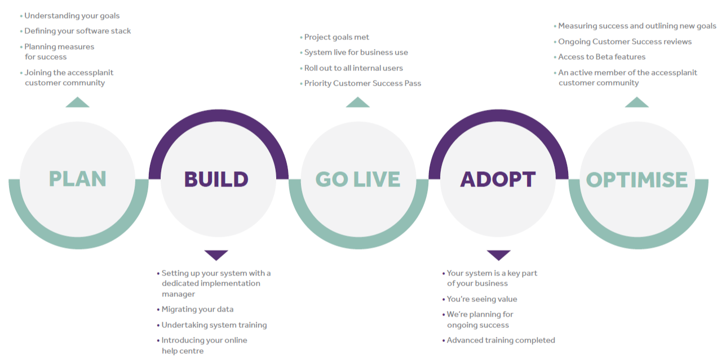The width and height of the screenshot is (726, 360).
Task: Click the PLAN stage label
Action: pyautogui.click(x=77, y=179)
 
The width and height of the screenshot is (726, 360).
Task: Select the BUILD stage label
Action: pyautogui.click(x=216, y=179)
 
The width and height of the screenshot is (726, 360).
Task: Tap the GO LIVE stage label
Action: pyautogui.click(x=358, y=179)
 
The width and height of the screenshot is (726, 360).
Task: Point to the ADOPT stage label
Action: pyautogui.click(x=498, y=179)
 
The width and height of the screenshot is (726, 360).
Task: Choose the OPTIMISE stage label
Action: pyautogui.click(x=636, y=180)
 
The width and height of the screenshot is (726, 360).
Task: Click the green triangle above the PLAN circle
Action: pyautogui.click(x=77, y=102)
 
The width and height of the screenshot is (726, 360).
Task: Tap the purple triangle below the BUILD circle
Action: pyautogui.click(x=216, y=255)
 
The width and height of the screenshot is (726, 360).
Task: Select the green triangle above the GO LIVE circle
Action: pyautogui.click(x=357, y=102)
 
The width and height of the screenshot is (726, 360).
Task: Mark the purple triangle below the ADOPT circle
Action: pyautogui.click(x=499, y=255)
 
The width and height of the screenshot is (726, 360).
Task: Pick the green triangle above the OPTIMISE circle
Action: pyautogui.click(x=637, y=102)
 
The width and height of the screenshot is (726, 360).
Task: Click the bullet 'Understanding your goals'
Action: pyautogui.click(x=70, y=16)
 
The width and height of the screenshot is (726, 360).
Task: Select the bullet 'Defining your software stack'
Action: pyautogui.click(x=75, y=31)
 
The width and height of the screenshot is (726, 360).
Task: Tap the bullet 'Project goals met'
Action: pyautogui.click(x=334, y=37)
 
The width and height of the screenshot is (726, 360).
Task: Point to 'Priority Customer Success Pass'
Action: pyautogui.click(x=360, y=83)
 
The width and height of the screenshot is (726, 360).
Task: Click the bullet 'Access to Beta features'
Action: pyautogui.click(x=600, y=57)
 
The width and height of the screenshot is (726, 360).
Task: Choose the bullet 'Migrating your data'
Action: pyautogui.click(x=195, y=309)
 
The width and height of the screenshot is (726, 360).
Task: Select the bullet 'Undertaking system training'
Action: pyautogui.click(x=212, y=325)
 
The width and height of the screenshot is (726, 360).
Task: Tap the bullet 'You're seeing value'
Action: pyautogui.click(x=480, y=299)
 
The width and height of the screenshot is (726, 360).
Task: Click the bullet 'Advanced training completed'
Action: pyautogui.click(x=498, y=340)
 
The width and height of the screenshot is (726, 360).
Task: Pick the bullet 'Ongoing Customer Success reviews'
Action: pyautogui.click(x=623, y=42)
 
